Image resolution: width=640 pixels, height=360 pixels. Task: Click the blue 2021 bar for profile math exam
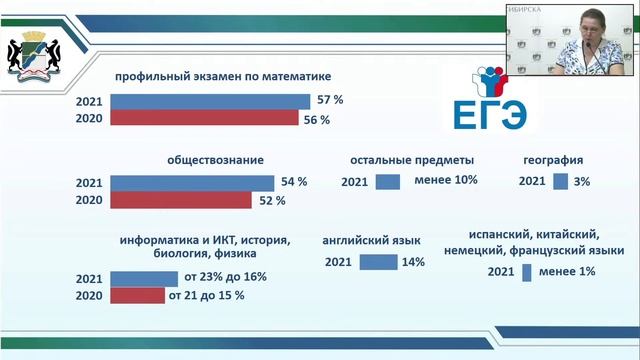tap(210, 101)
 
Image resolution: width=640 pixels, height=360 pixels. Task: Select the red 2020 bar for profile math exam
tap(204, 118)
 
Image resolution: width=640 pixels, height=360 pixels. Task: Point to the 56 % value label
tap(317, 119)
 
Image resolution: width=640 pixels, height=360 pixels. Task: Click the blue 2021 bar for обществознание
tap(191, 183)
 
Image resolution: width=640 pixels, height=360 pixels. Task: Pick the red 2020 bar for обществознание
tap(180, 200)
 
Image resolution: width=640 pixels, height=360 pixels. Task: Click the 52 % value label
tap(272, 200)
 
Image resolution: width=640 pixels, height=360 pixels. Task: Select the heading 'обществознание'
tap(207, 159)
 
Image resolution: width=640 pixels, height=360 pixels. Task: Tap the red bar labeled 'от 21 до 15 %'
tap(137, 295)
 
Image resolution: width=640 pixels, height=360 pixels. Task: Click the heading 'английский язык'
tap(371, 240)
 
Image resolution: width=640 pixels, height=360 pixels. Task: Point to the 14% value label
tap(412, 262)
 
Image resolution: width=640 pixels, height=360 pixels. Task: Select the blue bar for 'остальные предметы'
tap(388, 181)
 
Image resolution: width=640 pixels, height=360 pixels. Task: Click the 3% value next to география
tap(582, 181)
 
